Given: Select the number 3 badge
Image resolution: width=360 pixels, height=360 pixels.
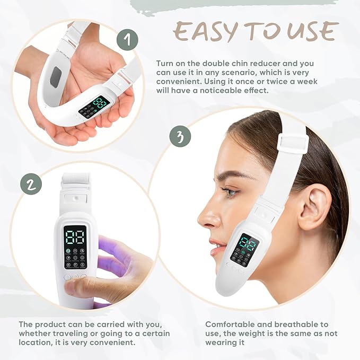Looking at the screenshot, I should pyautogui.click(x=180, y=137).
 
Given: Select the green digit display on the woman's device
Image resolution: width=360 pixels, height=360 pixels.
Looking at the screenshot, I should pyautogui.click(x=248, y=244).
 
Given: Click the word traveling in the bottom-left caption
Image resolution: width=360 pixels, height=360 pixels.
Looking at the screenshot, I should pyautogui.click(x=76, y=333).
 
